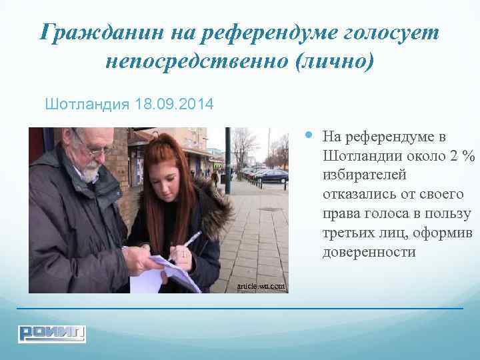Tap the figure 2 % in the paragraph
click(462, 155)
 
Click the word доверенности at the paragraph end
click(369, 253)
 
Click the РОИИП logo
click(52, 333)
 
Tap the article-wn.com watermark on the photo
click(262, 287)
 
